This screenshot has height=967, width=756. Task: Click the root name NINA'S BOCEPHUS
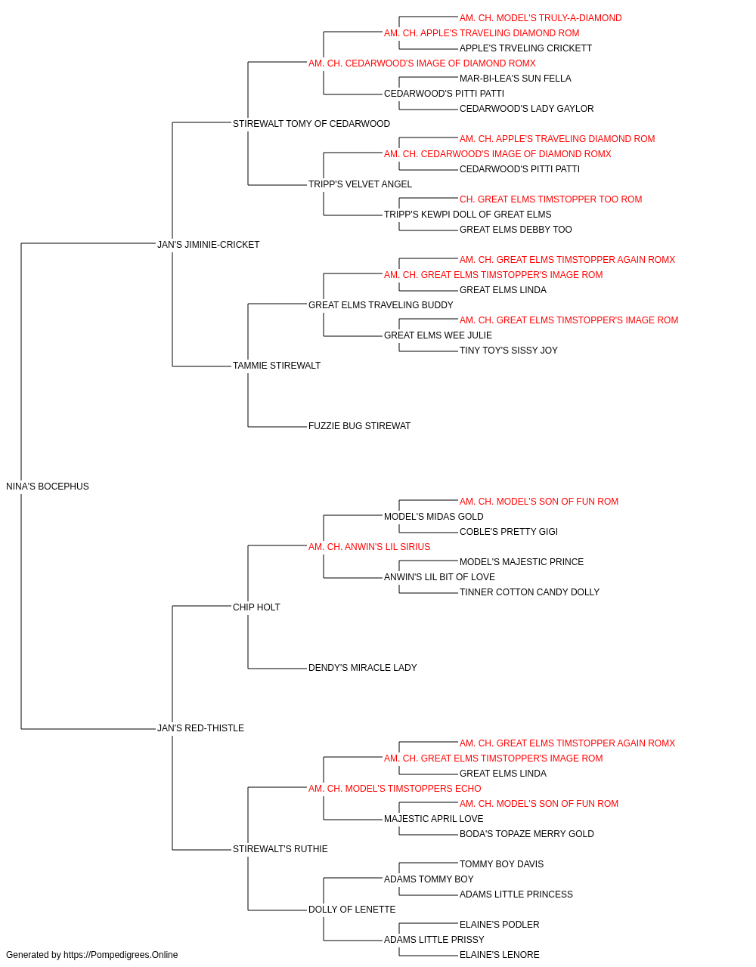pyautogui.click(x=47, y=487)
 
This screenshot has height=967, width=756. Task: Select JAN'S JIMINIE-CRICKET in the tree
pyautogui.click(x=208, y=244)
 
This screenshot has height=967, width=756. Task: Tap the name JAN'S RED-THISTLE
pyautogui.click(x=200, y=728)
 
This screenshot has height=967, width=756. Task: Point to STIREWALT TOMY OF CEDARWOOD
pyautogui.click(x=311, y=124)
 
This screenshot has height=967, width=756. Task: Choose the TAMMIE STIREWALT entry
pyautogui.click(x=277, y=366)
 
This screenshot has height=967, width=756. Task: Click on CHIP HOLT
pyautogui.click(x=256, y=607)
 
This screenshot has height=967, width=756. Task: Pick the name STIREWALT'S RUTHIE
pyautogui.click(x=280, y=848)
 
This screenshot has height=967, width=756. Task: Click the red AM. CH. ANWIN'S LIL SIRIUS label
pyautogui.click(x=369, y=546)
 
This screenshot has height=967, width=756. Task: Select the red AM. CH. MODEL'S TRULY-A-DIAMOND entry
pyautogui.click(x=541, y=18)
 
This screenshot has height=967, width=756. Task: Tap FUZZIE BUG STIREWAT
pyautogui.click(x=359, y=426)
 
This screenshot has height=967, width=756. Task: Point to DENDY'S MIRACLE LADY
pyautogui.click(x=362, y=668)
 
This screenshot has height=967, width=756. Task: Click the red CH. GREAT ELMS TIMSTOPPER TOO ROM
pyautogui.click(x=551, y=199)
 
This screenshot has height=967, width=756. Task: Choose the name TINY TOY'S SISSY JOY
pyautogui.click(x=509, y=351)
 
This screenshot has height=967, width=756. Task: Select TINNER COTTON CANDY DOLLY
pyautogui.click(x=529, y=592)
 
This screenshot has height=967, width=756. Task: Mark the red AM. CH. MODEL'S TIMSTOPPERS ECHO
pyautogui.click(x=395, y=788)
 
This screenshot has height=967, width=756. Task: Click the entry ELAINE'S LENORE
pyautogui.click(x=499, y=955)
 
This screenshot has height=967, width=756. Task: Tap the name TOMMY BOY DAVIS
pyautogui.click(x=501, y=864)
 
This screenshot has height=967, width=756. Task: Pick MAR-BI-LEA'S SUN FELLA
pyautogui.click(x=515, y=79)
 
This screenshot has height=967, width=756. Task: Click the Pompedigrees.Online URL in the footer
pyautogui.click(x=121, y=955)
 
